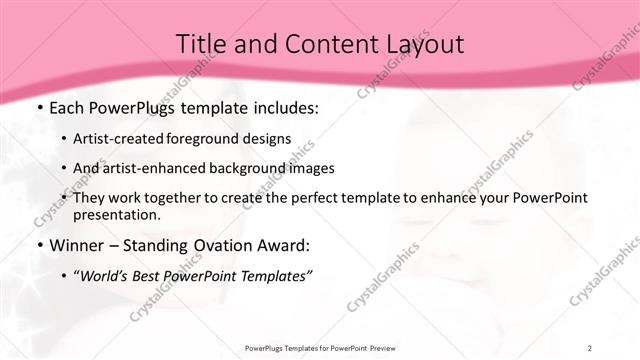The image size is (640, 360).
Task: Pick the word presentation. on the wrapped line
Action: coord(117,215)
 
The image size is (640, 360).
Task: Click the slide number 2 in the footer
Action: coord(589,348)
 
